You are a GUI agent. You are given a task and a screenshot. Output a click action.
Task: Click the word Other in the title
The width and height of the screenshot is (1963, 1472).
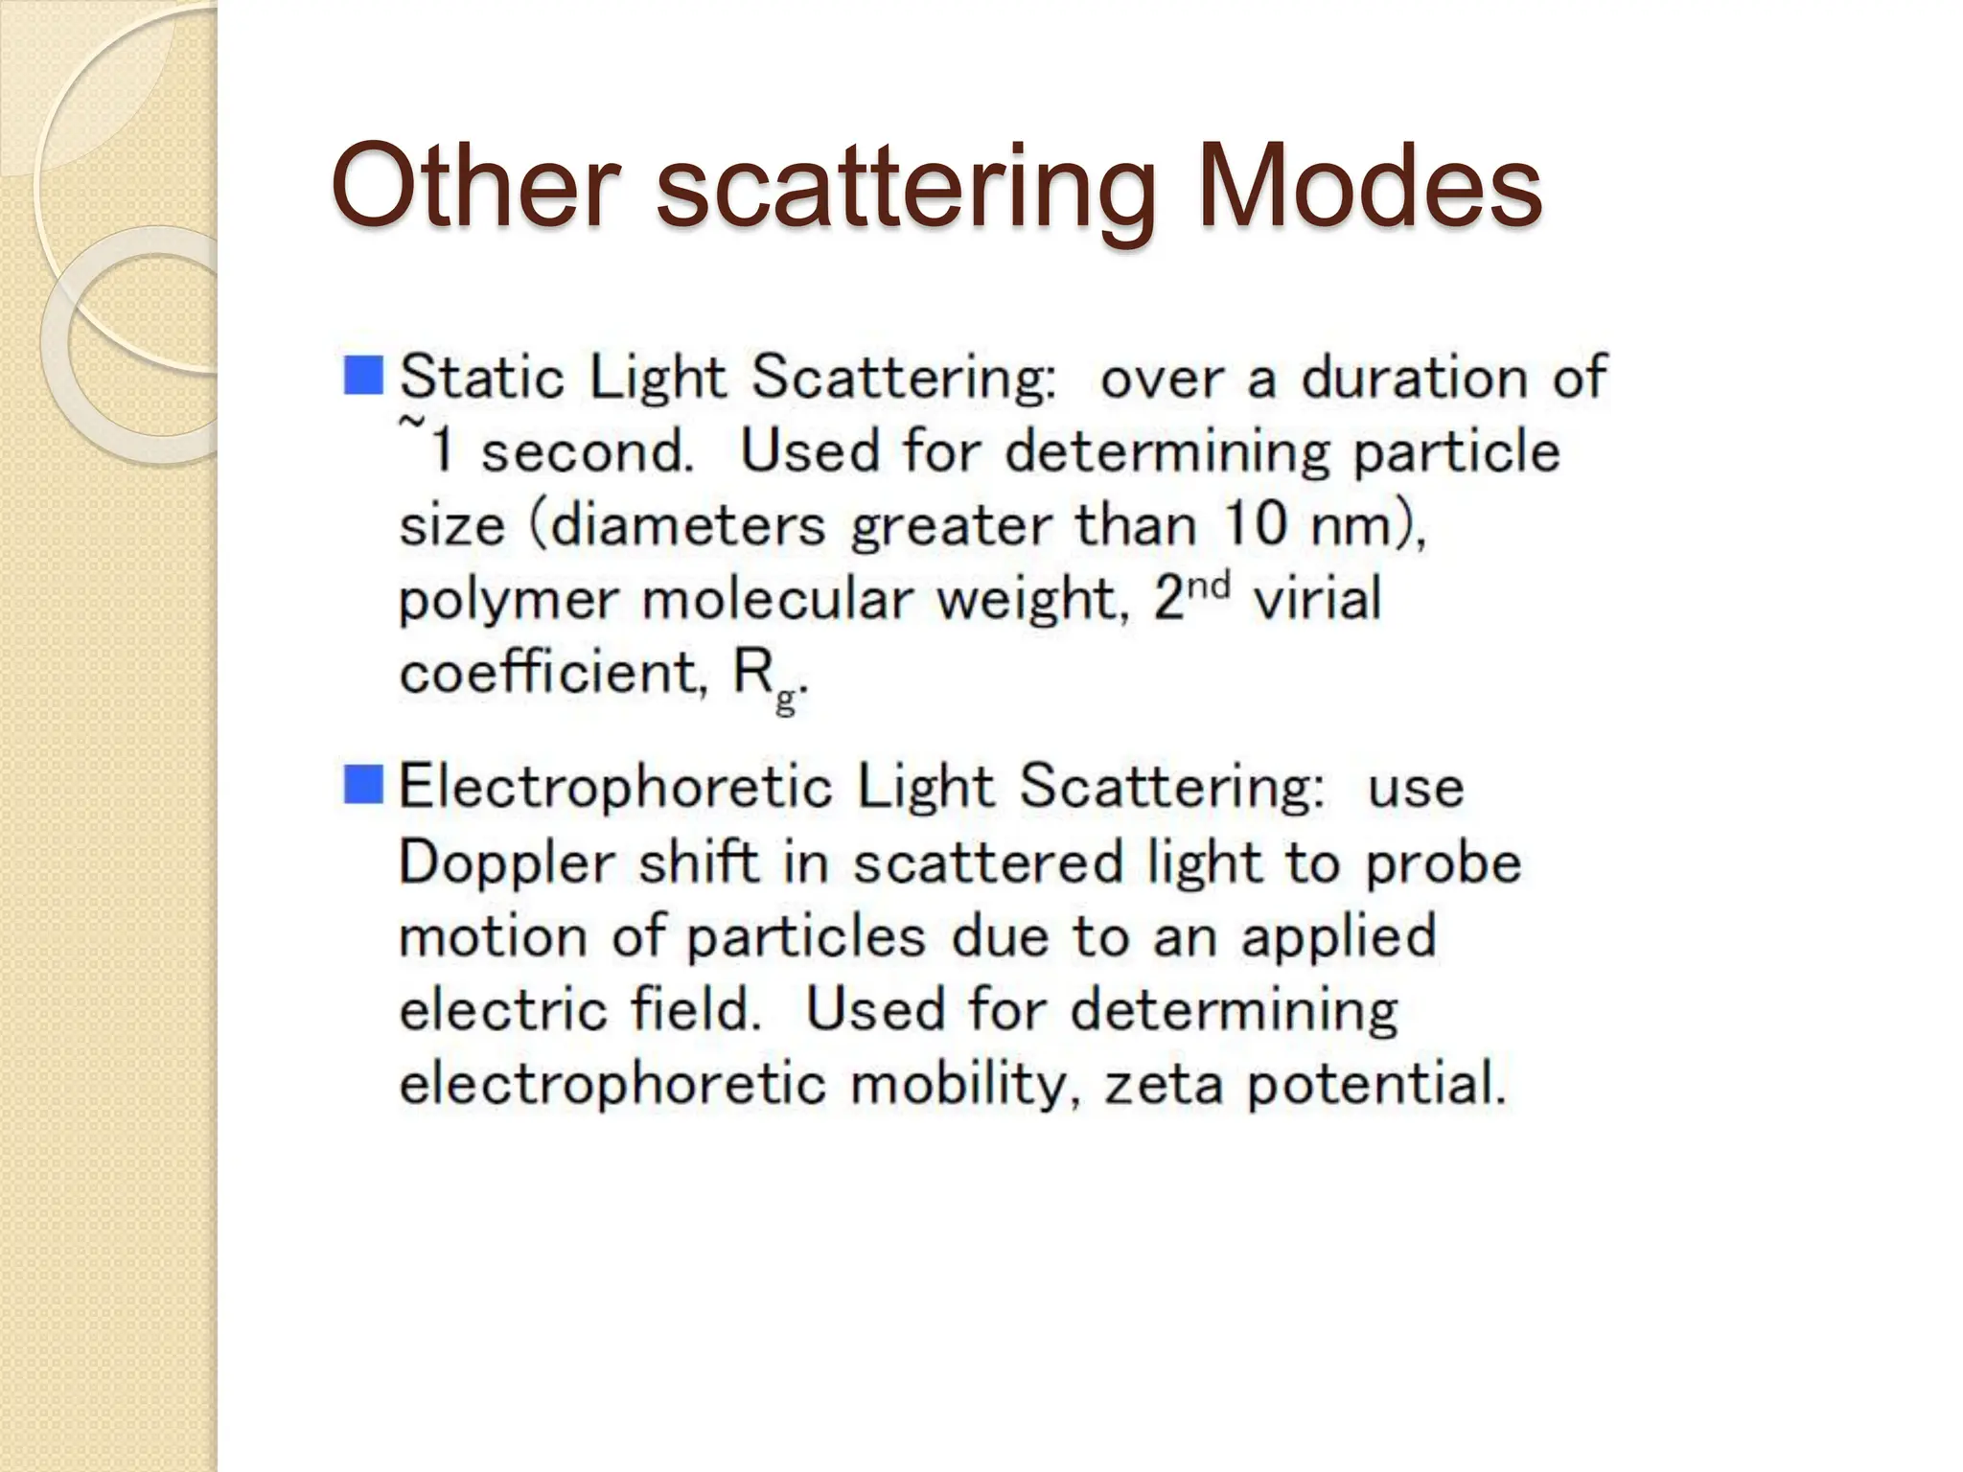click(x=474, y=185)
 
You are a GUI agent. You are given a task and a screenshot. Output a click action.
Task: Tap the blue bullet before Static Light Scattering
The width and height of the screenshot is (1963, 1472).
click(x=363, y=375)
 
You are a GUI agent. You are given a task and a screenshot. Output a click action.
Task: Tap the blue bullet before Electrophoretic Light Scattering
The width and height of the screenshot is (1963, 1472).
click(x=363, y=785)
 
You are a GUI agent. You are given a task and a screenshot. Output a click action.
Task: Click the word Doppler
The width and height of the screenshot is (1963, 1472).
click(x=506, y=863)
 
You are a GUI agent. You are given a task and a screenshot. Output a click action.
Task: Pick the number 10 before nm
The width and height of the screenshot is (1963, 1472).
click(x=1255, y=525)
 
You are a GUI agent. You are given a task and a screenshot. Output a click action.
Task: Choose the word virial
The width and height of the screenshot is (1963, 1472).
click(x=1318, y=600)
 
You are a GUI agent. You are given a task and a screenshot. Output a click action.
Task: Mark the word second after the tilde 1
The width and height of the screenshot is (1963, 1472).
click(x=586, y=451)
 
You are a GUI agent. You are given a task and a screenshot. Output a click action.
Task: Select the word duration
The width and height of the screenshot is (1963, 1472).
click(x=1413, y=377)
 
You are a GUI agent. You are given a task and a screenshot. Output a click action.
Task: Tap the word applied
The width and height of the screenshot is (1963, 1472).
click(x=1339, y=938)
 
